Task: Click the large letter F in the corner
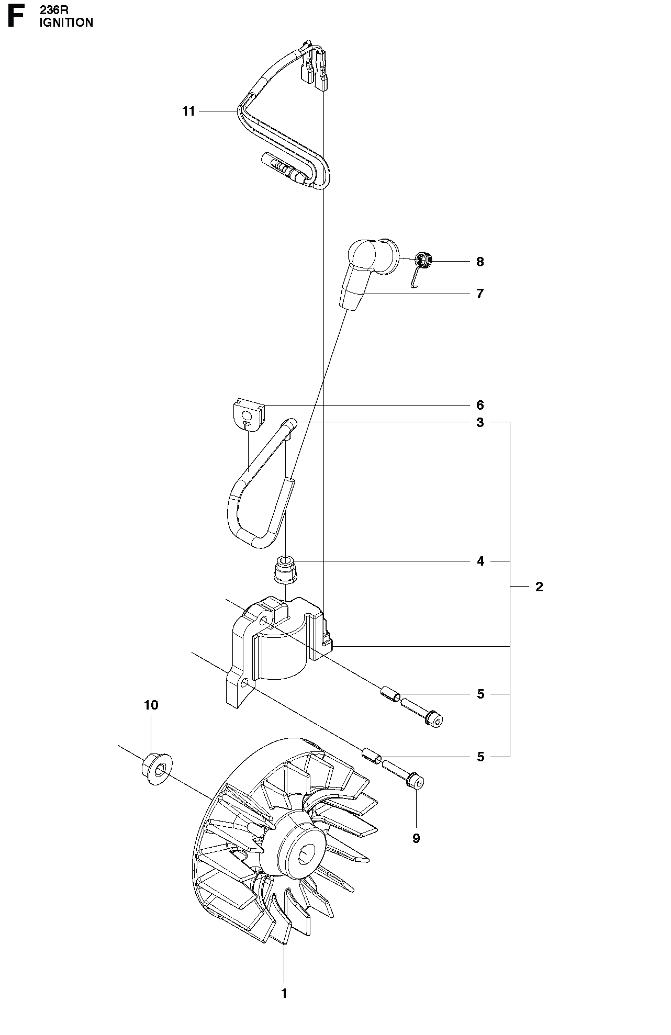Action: click(16, 16)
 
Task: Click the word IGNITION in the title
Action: click(66, 22)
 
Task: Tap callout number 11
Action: click(188, 111)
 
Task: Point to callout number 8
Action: click(480, 262)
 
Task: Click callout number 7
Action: click(480, 294)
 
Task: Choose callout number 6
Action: click(480, 405)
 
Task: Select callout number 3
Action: click(480, 422)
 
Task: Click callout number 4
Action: click(480, 561)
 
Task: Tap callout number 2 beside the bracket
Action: click(539, 587)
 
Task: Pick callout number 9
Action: click(416, 838)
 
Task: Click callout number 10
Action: click(151, 705)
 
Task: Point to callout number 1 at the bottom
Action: click(284, 993)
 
